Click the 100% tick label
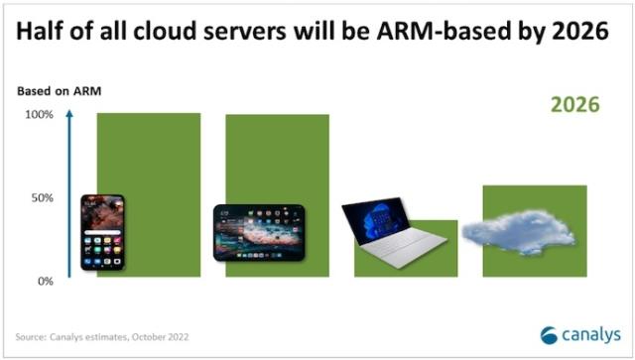(x=39, y=115)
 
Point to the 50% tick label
(x=42, y=198)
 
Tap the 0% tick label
(x=45, y=282)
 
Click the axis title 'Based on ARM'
(x=59, y=92)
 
